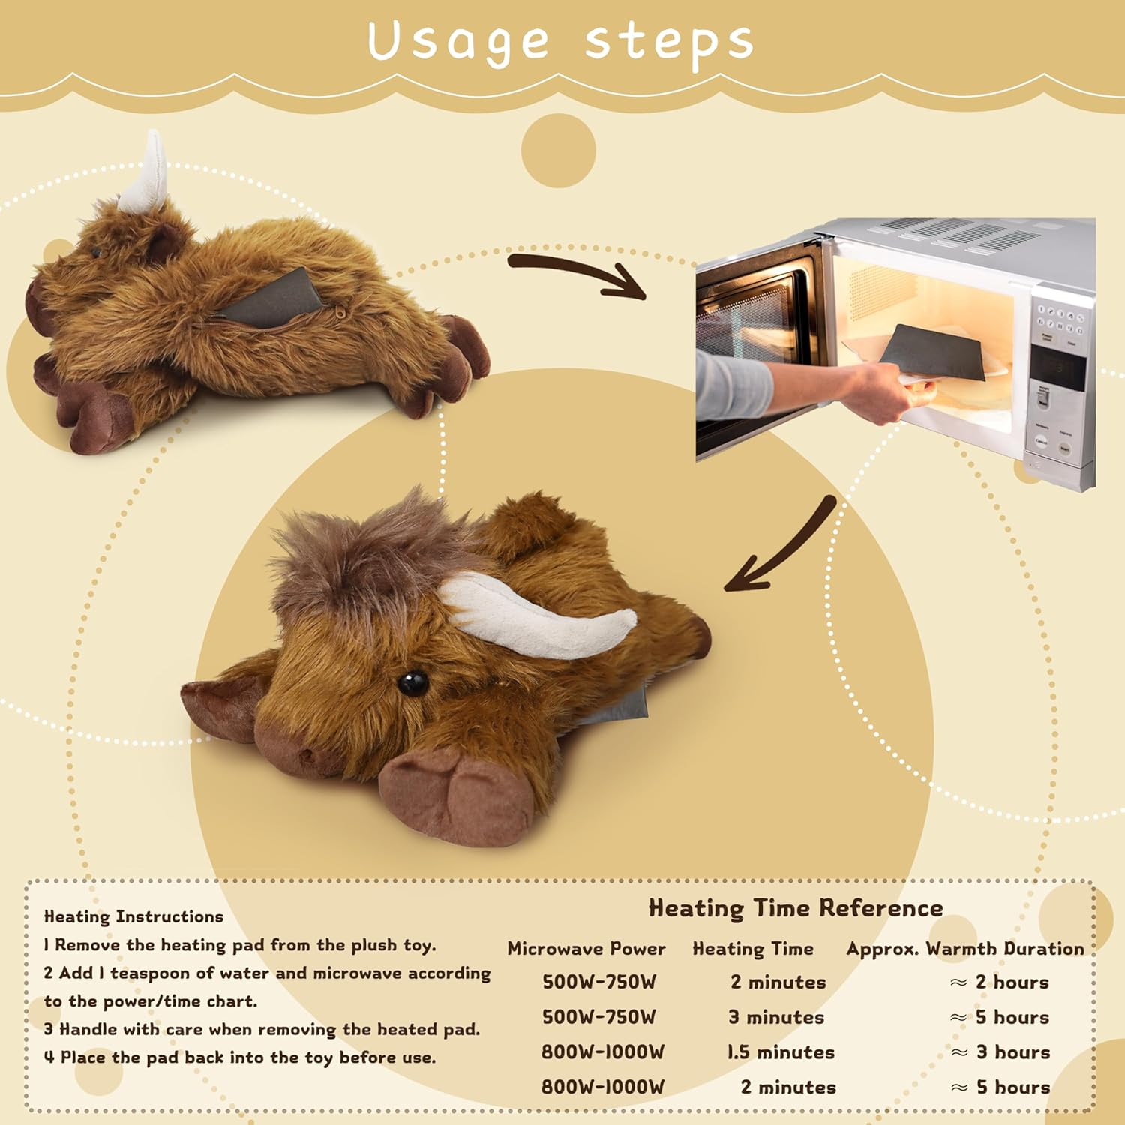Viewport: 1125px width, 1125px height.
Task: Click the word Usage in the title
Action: click(x=458, y=43)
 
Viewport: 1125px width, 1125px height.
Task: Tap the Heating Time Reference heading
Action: click(x=796, y=908)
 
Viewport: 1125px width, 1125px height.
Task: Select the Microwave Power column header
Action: click(x=586, y=949)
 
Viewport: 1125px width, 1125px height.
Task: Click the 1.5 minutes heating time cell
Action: click(x=781, y=1052)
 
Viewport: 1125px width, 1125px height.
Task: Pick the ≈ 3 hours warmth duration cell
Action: click(x=1000, y=1052)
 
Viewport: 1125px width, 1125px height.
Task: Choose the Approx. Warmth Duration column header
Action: click(x=965, y=949)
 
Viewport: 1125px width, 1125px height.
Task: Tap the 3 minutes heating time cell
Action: click(x=776, y=1018)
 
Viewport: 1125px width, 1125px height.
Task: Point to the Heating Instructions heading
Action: click(x=133, y=916)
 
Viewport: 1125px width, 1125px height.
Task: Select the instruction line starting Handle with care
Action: click(x=262, y=1029)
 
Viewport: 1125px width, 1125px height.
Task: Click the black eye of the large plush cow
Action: click(x=412, y=682)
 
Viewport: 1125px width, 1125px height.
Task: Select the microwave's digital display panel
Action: click(x=1057, y=367)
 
